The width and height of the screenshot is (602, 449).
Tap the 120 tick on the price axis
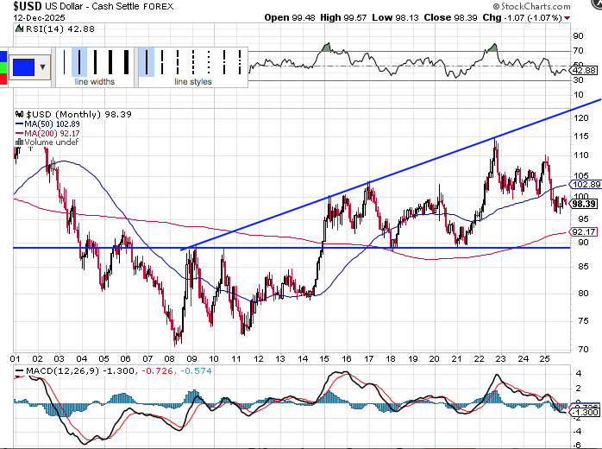(584, 113)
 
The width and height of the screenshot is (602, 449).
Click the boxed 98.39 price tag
(585, 204)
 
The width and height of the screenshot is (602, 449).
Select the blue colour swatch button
(23, 66)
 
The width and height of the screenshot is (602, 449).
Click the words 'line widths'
(94, 82)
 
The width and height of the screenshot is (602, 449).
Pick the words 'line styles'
(191, 82)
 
